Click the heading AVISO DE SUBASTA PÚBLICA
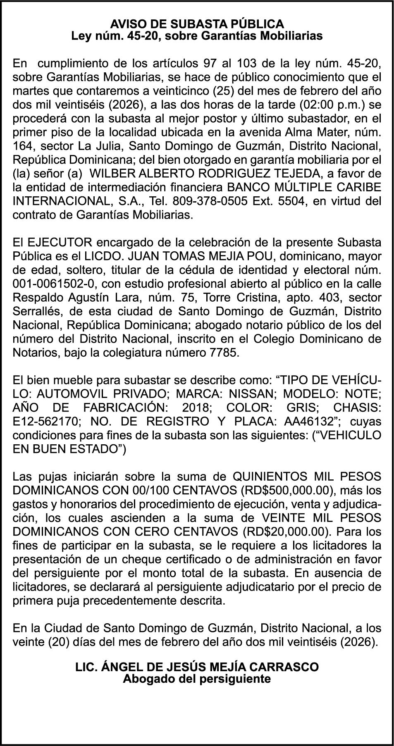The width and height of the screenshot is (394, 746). click(x=197, y=24)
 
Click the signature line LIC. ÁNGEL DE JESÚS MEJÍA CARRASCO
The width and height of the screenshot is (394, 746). click(x=197, y=667)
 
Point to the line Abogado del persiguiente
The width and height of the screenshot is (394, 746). click(x=197, y=678)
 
